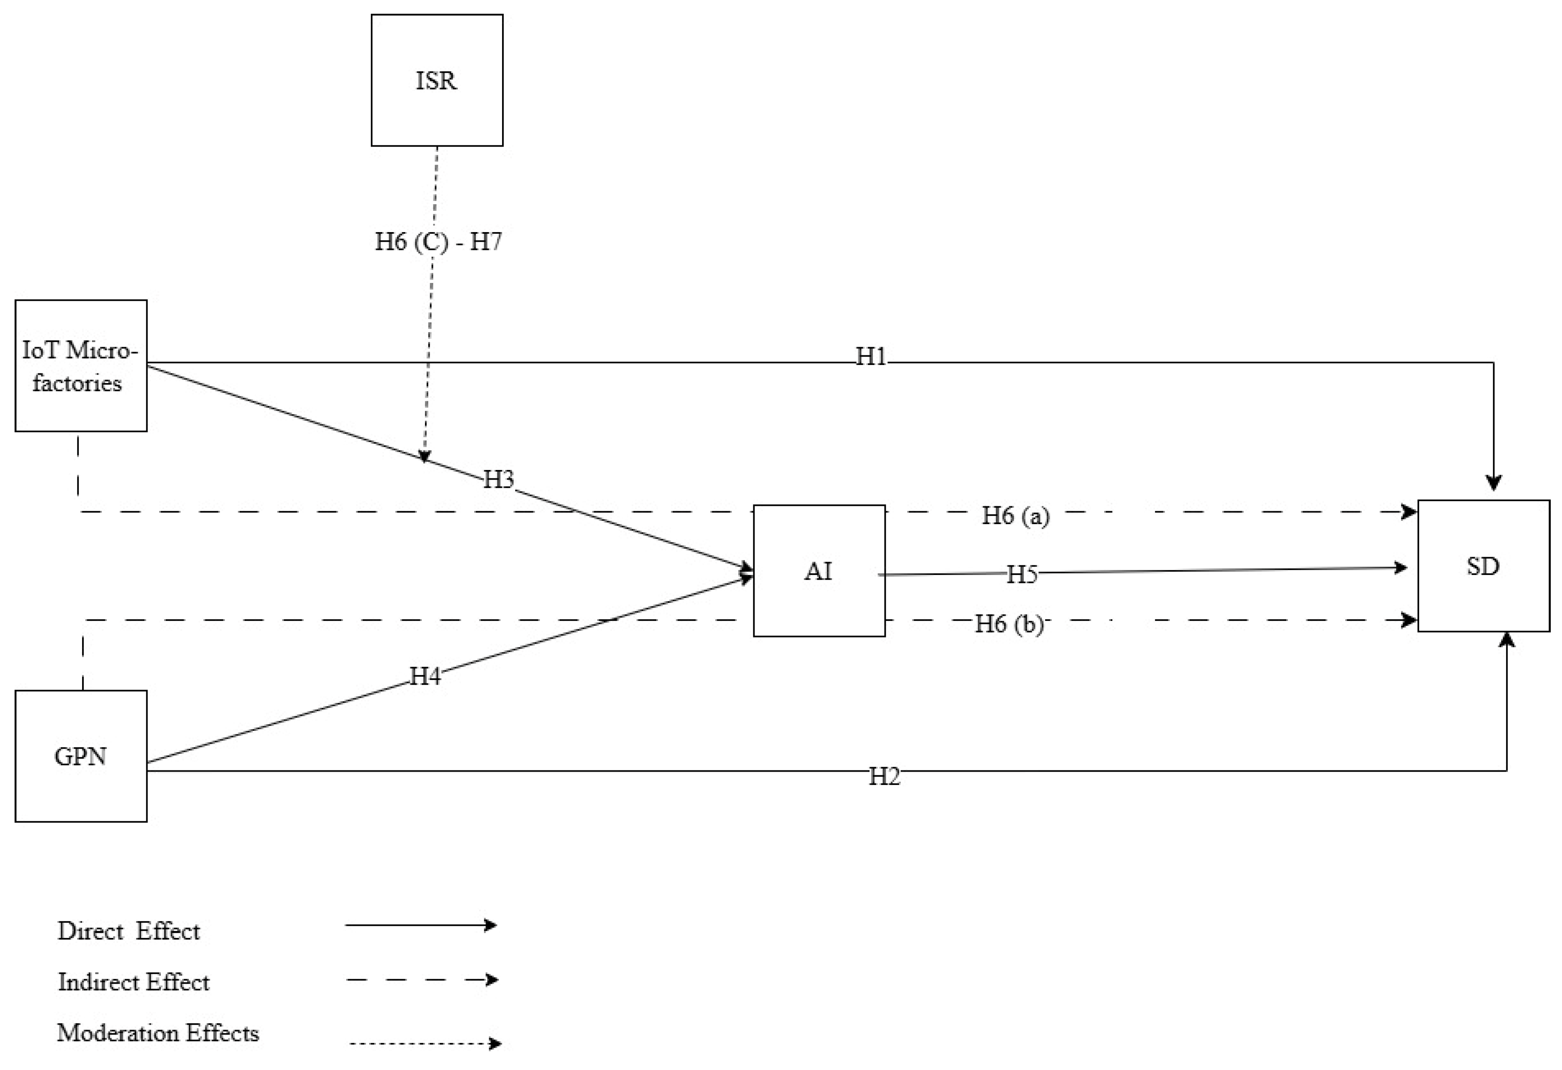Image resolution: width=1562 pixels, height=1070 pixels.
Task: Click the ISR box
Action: [437, 80]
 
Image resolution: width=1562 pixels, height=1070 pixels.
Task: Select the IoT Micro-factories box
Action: [81, 366]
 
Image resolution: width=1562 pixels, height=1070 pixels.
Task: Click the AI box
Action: [819, 570]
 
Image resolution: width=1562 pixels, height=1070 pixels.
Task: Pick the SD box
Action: [1483, 566]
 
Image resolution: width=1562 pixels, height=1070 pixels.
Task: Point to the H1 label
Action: [871, 356]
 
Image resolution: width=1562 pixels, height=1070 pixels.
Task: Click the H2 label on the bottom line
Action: [884, 776]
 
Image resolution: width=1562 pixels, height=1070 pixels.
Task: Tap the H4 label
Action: [425, 675]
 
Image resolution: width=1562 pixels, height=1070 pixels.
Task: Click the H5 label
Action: [1022, 575]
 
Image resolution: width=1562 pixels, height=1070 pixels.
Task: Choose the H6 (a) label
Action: [1015, 515]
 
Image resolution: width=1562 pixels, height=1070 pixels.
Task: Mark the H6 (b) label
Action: [1009, 624]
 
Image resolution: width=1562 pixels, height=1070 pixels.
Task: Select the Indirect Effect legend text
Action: [134, 982]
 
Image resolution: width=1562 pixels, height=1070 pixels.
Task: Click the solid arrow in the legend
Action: [421, 925]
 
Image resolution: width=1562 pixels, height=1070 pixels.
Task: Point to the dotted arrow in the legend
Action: [425, 1043]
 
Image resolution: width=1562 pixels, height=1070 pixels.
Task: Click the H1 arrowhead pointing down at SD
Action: [1493, 482]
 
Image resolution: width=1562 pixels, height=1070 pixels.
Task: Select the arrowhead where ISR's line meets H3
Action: [424, 456]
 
